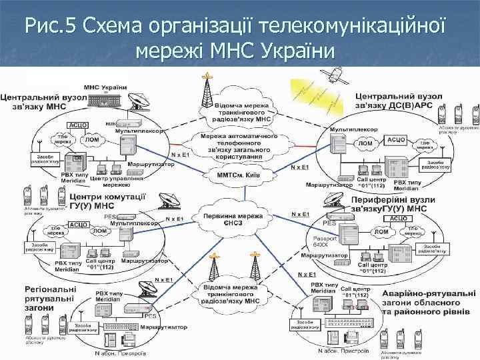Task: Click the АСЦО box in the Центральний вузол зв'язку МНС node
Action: tap(78, 125)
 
